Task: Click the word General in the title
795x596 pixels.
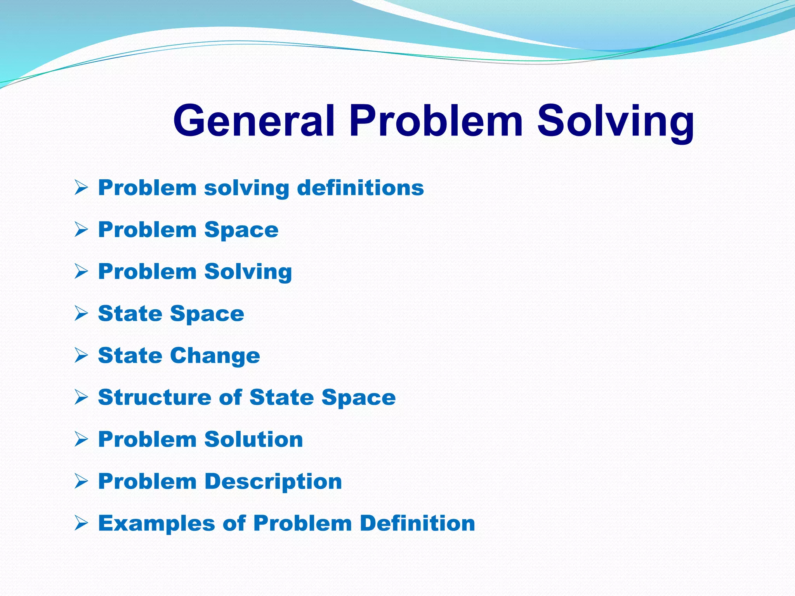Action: coord(253,121)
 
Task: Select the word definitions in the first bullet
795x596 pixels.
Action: coord(360,188)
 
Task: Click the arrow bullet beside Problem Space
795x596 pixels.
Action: coord(82,230)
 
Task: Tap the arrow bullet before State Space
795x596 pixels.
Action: coord(82,314)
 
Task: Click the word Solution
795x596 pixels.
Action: coord(253,439)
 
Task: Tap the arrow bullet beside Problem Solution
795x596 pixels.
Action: coord(82,439)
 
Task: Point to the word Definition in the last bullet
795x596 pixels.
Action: coord(417,523)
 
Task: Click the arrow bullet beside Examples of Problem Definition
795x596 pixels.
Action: coord(82,523)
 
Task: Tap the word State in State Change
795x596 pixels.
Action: coord(130,355)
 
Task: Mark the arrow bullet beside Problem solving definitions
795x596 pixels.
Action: coord(82,188)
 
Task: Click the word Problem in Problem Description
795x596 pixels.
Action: coord(147,481)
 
